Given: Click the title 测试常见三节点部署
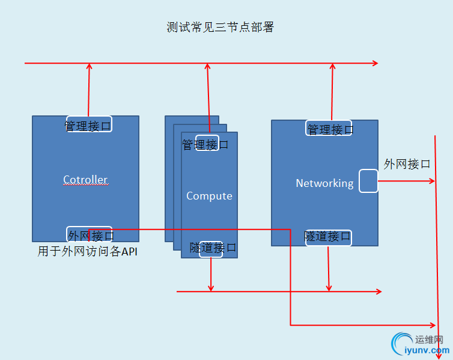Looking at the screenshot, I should (x=220, y=27).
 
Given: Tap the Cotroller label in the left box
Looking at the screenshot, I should (x=85, y=180).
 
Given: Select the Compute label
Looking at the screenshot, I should (x=209, y=196).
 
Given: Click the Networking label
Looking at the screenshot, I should (x=324, y=183).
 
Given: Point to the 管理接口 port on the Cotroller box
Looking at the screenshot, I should (x=88, y=126).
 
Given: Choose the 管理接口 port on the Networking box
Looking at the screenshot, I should (x=329, y=129).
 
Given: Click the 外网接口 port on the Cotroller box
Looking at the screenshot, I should (x=89, y=235).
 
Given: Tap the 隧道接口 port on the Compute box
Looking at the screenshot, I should (x=211, y=248).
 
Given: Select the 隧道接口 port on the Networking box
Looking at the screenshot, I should (x=328, y=237).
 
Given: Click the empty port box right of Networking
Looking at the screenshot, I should (x=368, y=181).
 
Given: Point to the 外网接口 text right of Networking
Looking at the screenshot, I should (x=407, y=164).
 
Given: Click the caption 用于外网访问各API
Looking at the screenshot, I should (x=87, y=252).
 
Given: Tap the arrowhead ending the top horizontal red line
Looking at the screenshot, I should (x=375, y=63).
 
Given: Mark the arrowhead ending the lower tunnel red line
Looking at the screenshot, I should (x=379, y=291).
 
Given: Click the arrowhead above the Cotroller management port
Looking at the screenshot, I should (x=89, y=67).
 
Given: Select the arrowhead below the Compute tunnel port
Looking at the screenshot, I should (x=211, y=287).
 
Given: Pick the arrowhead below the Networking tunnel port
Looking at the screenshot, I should (x=329, y=287).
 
